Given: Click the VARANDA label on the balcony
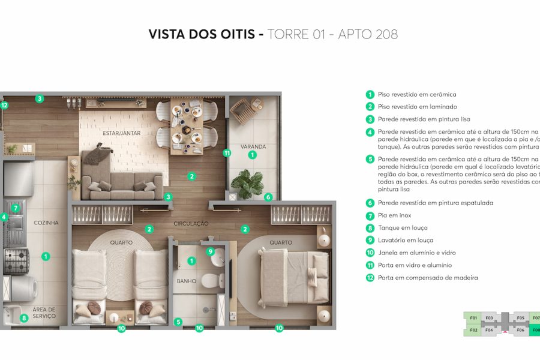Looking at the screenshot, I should coord(253,146).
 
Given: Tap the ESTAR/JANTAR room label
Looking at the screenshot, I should coord(121,133).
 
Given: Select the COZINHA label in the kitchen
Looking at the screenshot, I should coord(46,223).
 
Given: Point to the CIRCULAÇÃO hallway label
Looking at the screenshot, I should coord(191,224).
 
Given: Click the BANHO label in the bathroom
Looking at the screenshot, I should coord(186,281).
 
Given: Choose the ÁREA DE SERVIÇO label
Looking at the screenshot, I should coord(44,313).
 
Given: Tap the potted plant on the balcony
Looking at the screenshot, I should coord(247,183).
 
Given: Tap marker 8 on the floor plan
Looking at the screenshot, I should coord(25,319).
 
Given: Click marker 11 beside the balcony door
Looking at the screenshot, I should coord(227,153).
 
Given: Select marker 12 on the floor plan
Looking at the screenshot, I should coord(4,105).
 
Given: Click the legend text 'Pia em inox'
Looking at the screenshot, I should coord(394,215).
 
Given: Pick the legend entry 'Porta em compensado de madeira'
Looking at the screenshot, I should coord(428,278).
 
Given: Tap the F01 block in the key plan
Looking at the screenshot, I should coord(473,318).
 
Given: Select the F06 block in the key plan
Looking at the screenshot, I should coord(520,330).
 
